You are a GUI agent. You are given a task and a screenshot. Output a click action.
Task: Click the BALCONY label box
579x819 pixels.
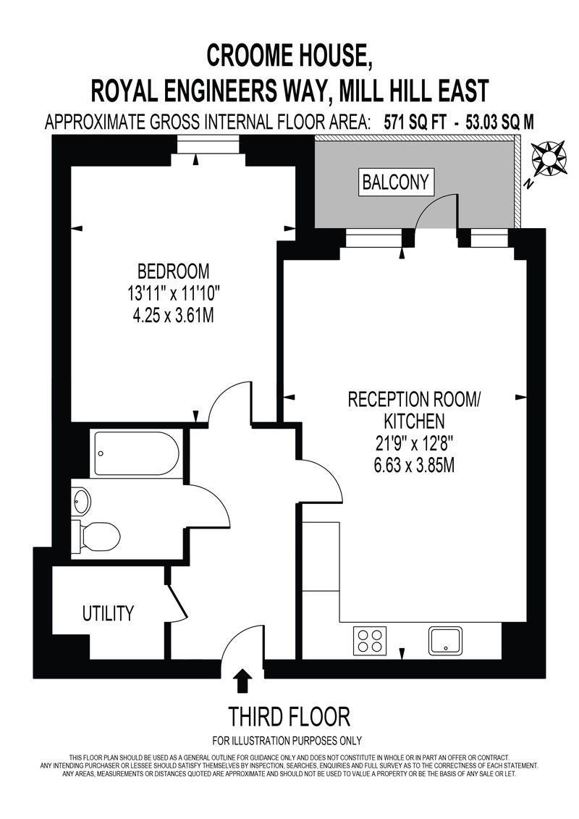397,182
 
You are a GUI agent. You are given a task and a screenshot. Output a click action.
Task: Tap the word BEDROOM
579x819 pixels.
173,271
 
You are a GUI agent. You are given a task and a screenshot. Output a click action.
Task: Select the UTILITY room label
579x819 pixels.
108,613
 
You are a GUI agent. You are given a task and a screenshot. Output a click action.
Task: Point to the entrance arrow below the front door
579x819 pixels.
242,681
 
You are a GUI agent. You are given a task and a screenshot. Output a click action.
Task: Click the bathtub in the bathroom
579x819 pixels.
137,453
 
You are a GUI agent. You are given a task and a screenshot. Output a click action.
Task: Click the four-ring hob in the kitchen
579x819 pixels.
370,640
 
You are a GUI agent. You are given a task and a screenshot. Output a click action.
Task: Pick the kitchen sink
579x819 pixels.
445,640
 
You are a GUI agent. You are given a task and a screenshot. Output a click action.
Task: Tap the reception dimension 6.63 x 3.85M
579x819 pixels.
413,465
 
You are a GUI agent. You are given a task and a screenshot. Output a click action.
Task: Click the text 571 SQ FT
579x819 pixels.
415,122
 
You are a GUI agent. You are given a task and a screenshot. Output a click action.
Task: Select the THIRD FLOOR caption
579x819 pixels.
289,717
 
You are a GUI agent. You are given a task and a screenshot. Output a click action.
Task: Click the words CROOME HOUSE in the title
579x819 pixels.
289,55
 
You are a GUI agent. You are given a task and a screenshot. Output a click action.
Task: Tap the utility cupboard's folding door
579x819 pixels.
177,602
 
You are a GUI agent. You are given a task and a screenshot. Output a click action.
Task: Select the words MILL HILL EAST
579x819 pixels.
413,91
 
